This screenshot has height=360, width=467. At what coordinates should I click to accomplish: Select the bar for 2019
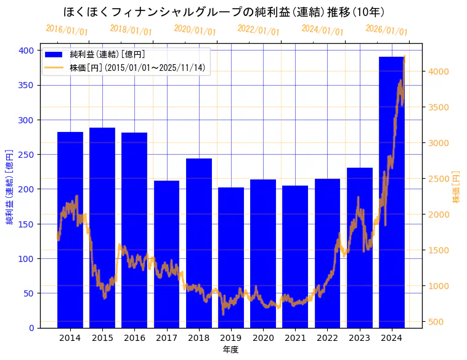coord(231,259)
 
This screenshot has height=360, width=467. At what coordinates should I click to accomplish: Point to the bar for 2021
coord(295,259)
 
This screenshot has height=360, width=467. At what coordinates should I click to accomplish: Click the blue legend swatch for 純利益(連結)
coord(54,54)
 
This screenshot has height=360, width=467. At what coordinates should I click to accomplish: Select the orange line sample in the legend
coord(54,67)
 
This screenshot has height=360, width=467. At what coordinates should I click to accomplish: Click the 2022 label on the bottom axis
coord(327,338)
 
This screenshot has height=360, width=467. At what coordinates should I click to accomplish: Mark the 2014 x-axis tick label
coord(70,338)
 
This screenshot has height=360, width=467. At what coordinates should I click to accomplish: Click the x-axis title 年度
coord(230,350)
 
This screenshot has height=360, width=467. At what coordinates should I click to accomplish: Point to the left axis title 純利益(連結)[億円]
coord(10,186)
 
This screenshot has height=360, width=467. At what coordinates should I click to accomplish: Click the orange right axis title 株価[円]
coord(457,186)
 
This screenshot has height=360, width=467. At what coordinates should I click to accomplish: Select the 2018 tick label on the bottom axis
coord(199,338)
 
